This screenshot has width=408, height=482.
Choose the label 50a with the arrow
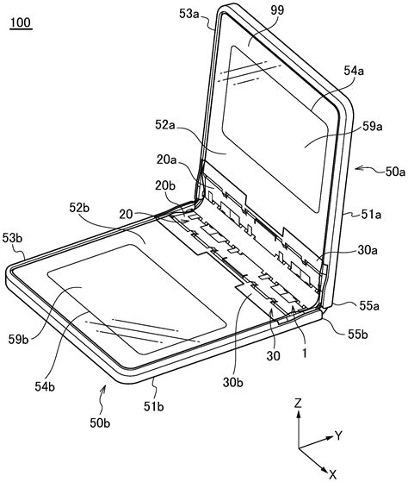[390, 172]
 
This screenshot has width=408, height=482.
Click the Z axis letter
[297, 404]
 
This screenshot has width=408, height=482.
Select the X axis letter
[332, 473]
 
